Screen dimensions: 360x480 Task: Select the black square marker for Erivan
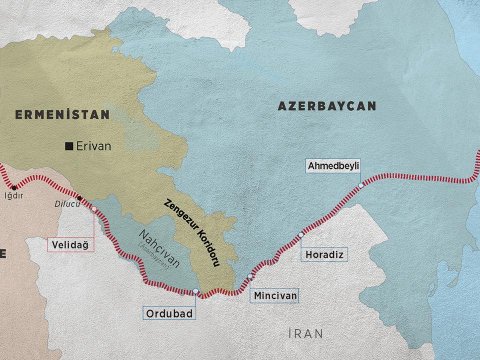pyautogui.click(x=68, y=147)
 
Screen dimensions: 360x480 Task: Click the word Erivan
pyautogui.click(x=93, y=147)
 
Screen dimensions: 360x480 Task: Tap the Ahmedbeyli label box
pyautogui.click(x=333, y=165)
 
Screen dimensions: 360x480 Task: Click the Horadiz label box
pyautogui.click(x=322, y=255)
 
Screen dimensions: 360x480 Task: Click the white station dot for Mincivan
pyautogui.click(x=249, y=277)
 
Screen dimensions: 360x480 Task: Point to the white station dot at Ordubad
pyautogui.click(x=197, y=292)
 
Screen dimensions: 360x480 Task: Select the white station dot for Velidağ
pyautogui.click(x=94, y=212)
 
